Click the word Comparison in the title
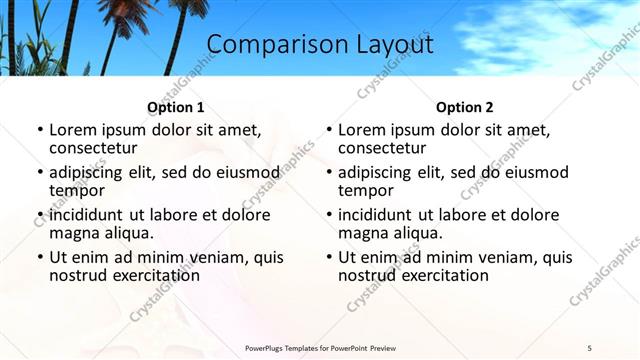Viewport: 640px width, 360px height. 266,45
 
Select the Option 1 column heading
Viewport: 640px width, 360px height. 176,107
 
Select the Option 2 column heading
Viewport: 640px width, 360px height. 465,107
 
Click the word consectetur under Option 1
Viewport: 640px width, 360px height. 93,148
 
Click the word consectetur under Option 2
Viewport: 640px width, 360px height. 382,148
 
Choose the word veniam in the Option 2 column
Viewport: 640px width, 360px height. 492,257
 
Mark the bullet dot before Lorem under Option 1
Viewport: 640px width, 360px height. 39,130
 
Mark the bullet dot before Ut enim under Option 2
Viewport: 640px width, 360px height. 328,257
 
